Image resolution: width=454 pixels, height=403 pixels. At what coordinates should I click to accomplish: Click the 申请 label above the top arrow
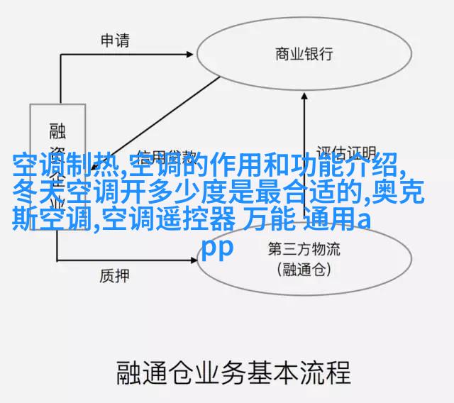[114, 40]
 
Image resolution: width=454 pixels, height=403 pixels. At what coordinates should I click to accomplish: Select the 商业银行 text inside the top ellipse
[304, 54]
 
